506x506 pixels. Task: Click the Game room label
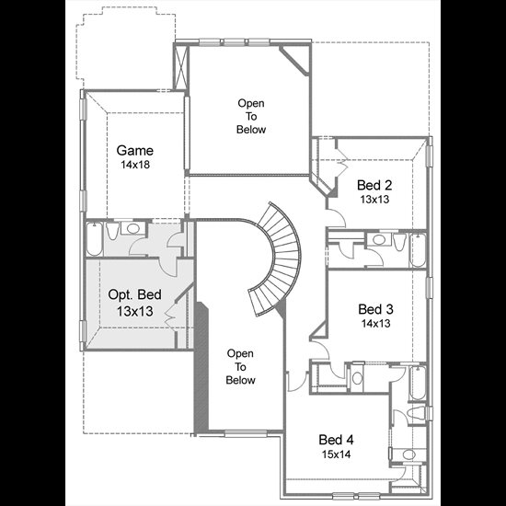click(135, 150)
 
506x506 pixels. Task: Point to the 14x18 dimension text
click(135, 165)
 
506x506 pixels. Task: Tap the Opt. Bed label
click(134, 294)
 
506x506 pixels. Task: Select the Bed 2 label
click(374, 185)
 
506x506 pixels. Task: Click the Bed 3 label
click(375, 309)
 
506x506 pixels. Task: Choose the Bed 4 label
click(336, 440)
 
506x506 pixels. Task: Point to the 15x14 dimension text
click(336, 454)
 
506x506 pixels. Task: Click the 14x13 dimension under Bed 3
click(375, 323)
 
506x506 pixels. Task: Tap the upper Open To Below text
click(251, 116)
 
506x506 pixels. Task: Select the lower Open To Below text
click(240, 366)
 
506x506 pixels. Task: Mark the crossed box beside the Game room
click(180, 67)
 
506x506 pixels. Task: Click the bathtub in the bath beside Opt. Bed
click(95, 238)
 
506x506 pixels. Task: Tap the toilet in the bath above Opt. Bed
click(112, 230)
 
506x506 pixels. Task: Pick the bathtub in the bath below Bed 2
click(418, 250)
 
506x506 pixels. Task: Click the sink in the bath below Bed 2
click(379, 239)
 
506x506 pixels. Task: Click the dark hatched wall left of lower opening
click(201, 367)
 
